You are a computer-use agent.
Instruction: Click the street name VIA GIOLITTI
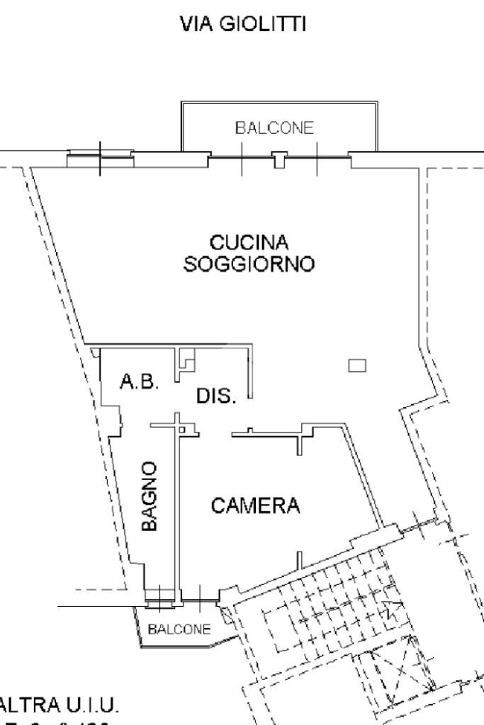pyautogui.click(x=243, y=25)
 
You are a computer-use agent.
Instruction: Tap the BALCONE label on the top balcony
pyautogui.click(x=274, y=128)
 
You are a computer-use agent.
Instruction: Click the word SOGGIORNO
pyautogui.click(x=249, y=265)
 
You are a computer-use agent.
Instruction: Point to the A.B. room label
pyautogui.click(x=140, y=382)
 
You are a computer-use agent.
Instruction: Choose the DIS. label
pyautogui.click(x=216, y=396)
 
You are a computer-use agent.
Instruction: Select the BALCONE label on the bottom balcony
pyautogui.click(x=179, y=629)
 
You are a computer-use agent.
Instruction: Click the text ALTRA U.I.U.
pyautogui.click(x=60, y=706)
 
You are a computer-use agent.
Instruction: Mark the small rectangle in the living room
pyautogui.click(x=357, y=365)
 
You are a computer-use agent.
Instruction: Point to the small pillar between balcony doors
pyautogui.click(x=280, y=159)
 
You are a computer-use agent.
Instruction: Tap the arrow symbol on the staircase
pyautogui.click(x=392, y=607)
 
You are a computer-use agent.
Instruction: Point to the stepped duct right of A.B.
pyautogui.click(x=186, y=360)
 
